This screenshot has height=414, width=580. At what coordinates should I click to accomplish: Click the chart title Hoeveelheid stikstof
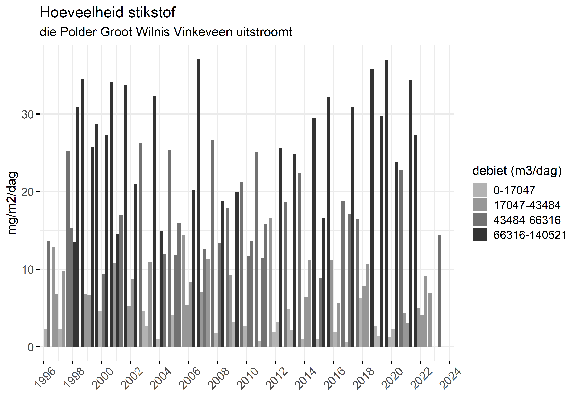click(x=107, y=13)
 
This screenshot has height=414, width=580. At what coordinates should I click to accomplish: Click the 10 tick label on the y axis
click(x=27, y=270)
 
